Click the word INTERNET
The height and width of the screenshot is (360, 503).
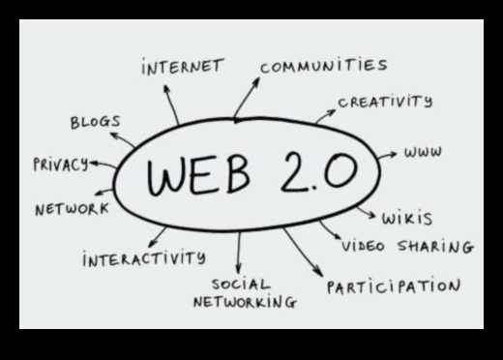(182, 69)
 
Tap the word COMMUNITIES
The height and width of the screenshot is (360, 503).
(323, 66)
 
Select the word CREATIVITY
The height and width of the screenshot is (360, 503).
(385, 101)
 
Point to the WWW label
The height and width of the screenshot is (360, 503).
(424, 153)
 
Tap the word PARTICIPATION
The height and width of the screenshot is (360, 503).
(393, 286)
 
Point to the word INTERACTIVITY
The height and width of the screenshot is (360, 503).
(143, 258)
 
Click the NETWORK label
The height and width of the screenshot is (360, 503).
(72, 209)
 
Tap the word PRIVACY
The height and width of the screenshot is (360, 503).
(60, 164)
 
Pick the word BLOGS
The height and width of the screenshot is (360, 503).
(95, 122)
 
